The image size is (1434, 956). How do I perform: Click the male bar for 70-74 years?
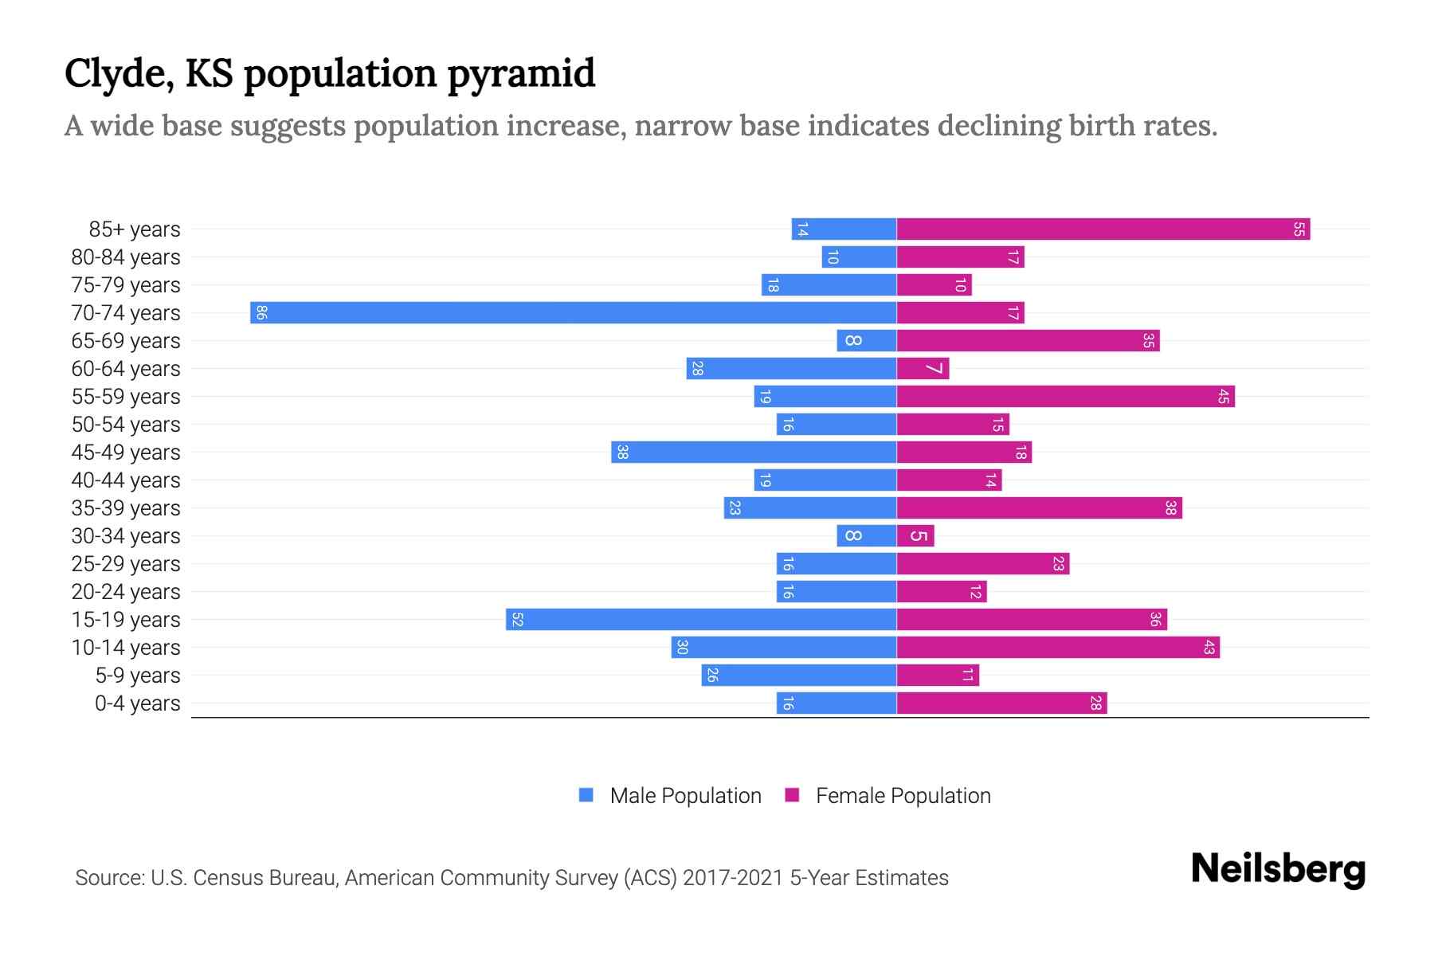pos(574,312)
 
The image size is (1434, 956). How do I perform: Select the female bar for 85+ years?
pos(1103,229)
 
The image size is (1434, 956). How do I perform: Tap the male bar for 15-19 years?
pos(701,619)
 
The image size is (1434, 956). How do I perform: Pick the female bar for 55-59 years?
pos(1065,396)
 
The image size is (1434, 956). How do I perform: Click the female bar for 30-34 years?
pos(915,535)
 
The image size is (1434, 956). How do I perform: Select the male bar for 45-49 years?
pos(754,452)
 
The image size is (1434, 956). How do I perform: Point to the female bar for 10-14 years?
pos(1058,647)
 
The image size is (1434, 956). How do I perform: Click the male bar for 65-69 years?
pos(867,340)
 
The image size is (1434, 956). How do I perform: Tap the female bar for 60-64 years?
pos(923,368)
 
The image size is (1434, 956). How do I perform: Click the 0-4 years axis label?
pos(137,703)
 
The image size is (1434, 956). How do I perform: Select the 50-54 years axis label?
pos(126,425)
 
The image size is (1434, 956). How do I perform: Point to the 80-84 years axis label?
pos(126,257)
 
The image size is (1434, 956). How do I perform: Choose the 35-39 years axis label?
pos(126,508)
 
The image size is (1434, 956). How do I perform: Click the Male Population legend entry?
pos(685,795)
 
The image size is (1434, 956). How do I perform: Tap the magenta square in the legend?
pos(792,795)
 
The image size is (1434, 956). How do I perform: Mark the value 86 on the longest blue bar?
pos(261,312)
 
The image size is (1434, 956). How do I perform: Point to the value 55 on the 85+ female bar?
pos(1299,229)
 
